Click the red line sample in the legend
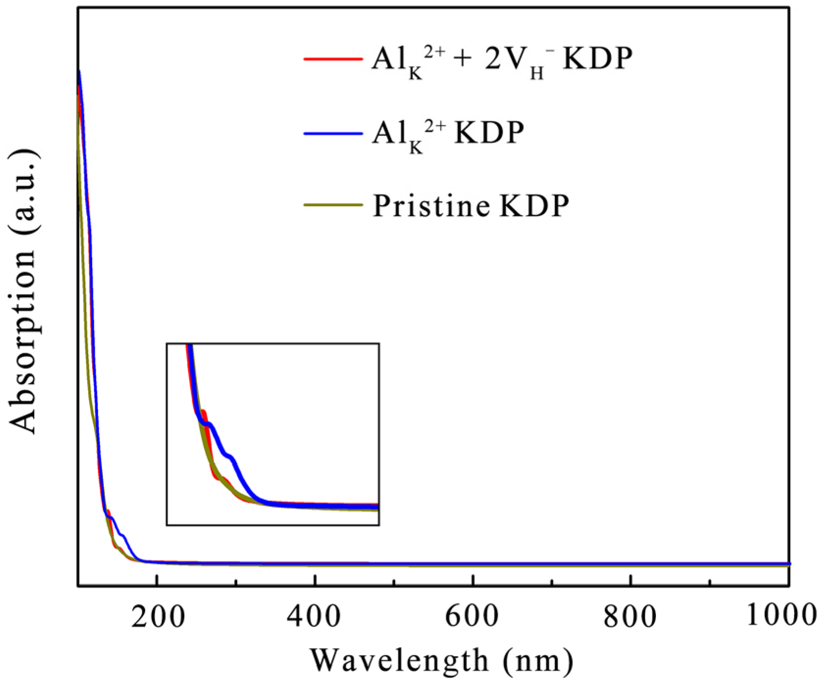pyautogui.click(x=333, y=59)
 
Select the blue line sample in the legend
pyautogui.click(x=333, y=133)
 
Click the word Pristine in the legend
pyautogui.click(x=431, y=205)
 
